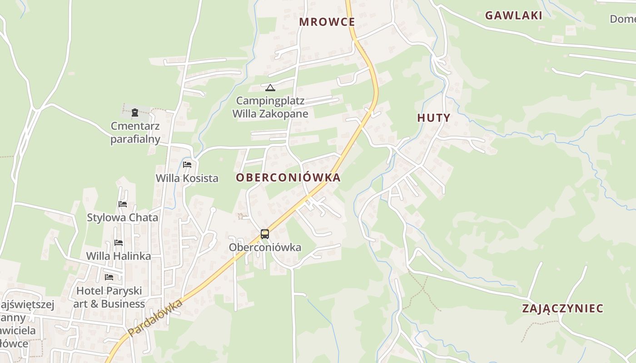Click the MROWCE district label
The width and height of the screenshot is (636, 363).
[327, 22]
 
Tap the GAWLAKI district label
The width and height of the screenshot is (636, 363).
[513, 15]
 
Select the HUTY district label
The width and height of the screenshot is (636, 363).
[433, 118]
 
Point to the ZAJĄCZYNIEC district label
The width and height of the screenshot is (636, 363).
[562, 309]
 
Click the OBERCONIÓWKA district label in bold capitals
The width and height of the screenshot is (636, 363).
[288, 177]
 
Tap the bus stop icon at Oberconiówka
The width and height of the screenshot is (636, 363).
[265, 234]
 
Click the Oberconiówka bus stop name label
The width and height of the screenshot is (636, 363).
[265, 247]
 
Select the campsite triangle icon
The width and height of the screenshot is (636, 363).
[270, 88]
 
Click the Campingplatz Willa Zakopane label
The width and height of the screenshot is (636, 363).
[270, 107]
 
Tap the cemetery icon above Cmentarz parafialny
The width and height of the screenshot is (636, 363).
[135, 113]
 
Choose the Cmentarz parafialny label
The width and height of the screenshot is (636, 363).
[135, 132]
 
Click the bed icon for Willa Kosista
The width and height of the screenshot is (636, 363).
[187, 164]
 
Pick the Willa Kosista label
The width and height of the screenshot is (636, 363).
[187, 178]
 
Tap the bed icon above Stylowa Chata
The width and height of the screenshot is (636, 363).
[122, 204]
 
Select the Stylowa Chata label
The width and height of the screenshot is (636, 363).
[123, 217]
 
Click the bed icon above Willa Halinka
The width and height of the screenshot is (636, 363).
[119, 243]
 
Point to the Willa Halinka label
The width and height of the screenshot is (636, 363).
[119, 256]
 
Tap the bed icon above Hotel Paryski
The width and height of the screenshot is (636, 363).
[109, 277]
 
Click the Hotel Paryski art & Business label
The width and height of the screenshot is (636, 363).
[109, 297]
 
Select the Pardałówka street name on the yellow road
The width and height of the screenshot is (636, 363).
[155, 318]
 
